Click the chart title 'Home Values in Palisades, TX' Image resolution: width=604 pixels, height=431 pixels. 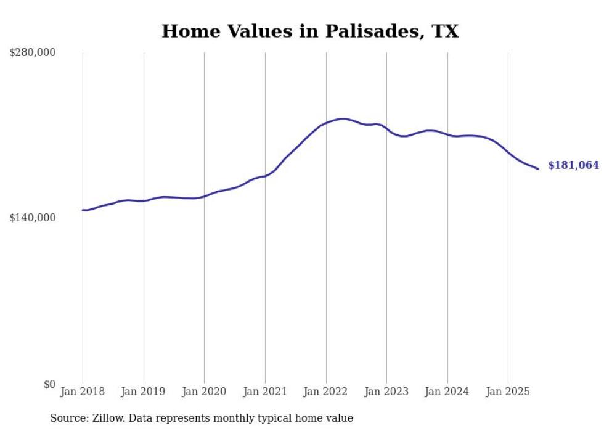point(310,31)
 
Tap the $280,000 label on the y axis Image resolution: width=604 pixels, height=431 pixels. point(33,53)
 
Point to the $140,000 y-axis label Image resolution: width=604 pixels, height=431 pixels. point(33,218)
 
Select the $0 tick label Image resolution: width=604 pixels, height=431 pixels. point(49,384)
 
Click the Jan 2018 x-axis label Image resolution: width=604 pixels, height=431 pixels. point(83,392)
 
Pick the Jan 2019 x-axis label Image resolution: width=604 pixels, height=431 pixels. point(144,392)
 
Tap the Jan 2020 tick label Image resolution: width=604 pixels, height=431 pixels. point(204,392)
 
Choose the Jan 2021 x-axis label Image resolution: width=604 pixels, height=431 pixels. point(265,392)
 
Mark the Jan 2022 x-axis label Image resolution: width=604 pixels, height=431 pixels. point(326,392)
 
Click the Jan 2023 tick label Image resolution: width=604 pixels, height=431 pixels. point(386,392)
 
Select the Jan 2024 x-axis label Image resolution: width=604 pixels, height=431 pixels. point(447,392)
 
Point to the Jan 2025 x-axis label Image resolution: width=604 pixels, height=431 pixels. point(508,392)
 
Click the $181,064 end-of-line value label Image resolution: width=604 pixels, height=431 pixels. point(573,165)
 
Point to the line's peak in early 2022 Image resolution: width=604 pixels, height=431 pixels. point(343,118)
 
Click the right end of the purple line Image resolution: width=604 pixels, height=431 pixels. point(538,168)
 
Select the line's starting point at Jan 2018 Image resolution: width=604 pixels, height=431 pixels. point(83,210)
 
